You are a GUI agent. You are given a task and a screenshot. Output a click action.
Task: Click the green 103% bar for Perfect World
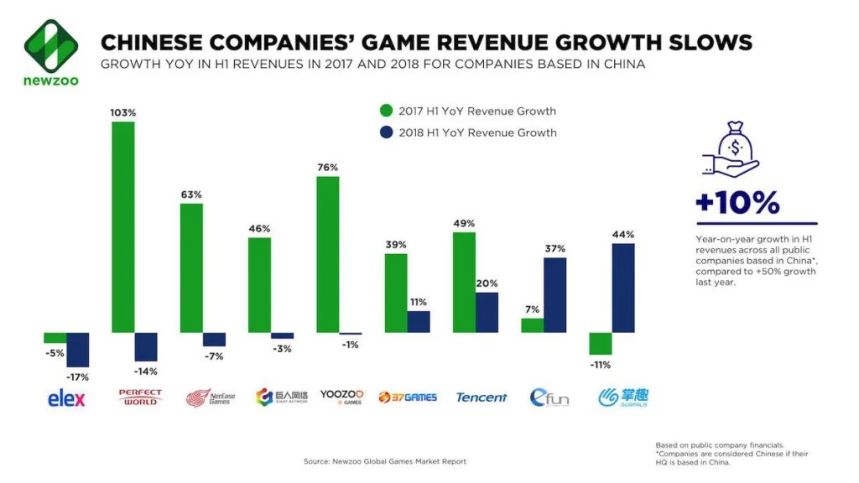click(x=122, y=227)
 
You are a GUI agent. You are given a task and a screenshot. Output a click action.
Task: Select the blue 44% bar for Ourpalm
click(x=622, y=288)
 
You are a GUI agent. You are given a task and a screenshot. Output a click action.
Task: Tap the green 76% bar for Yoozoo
click(x=327, y=254)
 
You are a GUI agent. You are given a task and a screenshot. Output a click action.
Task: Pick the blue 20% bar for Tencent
click(x=487, y=312)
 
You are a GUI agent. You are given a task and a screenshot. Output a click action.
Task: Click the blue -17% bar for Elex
click(x=78, y=350)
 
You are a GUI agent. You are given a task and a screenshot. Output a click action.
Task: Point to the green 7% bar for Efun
click(x=532, y=325)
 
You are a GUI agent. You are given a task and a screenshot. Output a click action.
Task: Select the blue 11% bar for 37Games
click(x=419, y=322)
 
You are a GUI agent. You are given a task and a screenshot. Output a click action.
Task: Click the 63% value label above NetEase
click(x=190, y=195)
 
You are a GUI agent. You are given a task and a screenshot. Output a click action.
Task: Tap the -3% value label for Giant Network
click(x=282, y=348)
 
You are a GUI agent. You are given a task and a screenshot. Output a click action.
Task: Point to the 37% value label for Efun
click(x=554, y=248)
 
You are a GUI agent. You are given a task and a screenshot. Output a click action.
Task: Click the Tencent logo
click(x=482, y=397)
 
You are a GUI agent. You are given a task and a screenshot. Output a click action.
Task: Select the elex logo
click(x=66, y=398)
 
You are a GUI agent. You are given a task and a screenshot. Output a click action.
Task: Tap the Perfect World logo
click(x=140, y=397)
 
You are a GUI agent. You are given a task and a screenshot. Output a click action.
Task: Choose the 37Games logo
click(x=408, y=397)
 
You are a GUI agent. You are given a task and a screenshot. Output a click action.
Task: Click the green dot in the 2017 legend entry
click(x=386, y=111)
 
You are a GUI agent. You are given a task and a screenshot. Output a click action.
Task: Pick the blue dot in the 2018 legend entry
click(x=386, y=132)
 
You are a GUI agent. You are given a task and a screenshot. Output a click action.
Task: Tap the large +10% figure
click(x=737, y=202)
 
